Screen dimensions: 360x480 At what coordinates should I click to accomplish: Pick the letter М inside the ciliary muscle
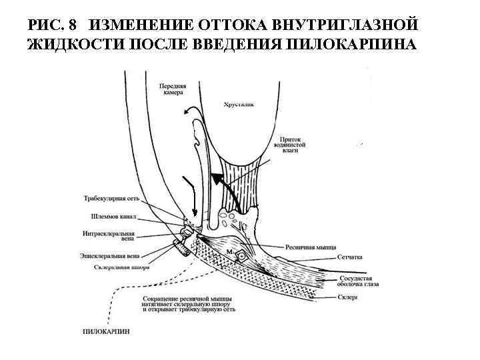point(228,252)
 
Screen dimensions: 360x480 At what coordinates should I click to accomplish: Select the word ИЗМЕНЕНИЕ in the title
point(139,25)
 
